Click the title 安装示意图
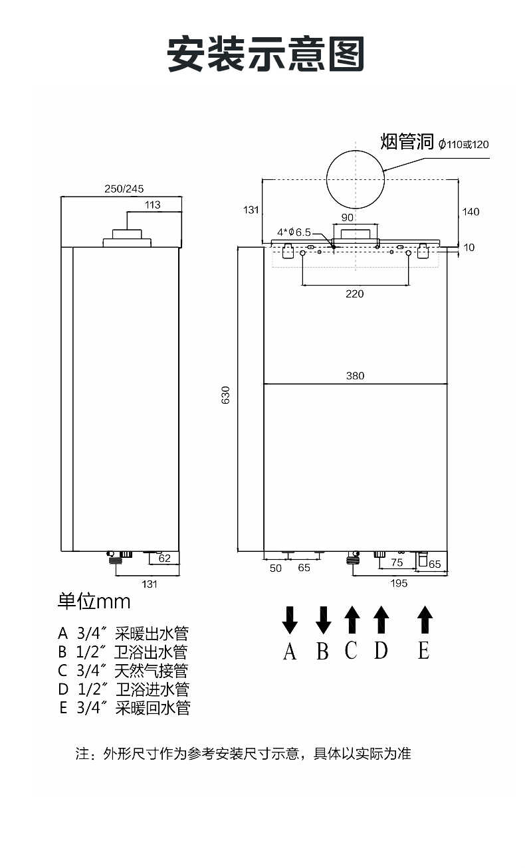[x=266, y=54]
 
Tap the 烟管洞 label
[x=407, y=141]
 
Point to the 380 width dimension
[x=355, y=376]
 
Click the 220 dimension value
[x=355, y=294]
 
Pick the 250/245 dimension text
[x=124, y=189]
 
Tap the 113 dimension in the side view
[x=153, y=205]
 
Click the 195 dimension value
[x=399, y=583]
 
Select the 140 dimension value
[x=471, y=212]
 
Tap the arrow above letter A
[x=290, y=619]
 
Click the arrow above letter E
[x=425, y=619]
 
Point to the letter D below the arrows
[x=381, y=651]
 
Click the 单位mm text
[x=94, y=602]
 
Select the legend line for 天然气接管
[x=123, y=671]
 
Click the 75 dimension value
[x=397, y=563]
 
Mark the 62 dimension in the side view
[x=165, y=559]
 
